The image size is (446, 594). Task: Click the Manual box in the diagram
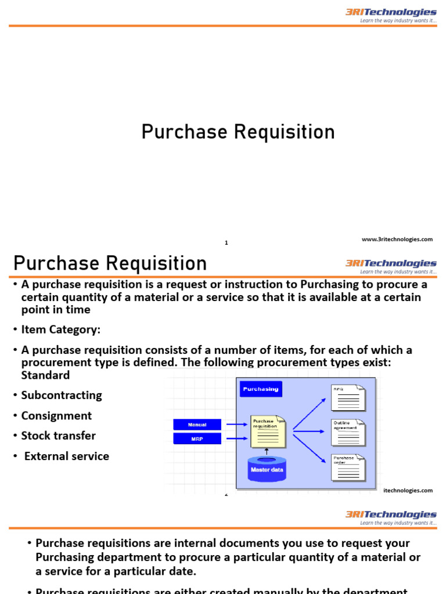[x=197, y=425]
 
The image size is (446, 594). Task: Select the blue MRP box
[x=197, y=439]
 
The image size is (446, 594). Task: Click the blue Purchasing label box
[x=261, y=389]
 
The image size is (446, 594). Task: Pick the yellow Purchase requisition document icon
[x=268, y=431]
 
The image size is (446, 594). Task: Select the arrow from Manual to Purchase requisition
[x=237, y=425]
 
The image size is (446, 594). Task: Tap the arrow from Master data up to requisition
[x=266, y=451]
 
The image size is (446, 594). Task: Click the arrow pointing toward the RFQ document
[x=309, y=414]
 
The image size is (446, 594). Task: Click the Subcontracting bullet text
[x=62, y=396]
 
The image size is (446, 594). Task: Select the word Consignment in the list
[x=56, y=416]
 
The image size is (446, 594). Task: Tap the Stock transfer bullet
[x=58, y=436]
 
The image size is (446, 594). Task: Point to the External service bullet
[x=66, y=457]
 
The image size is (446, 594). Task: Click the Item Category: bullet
[x=60, y=329]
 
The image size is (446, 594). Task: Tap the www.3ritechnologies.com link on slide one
[x=397, y=239]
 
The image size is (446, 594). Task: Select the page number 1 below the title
[x=226, y=243]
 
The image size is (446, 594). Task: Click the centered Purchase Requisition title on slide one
[x=238, y=132]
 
